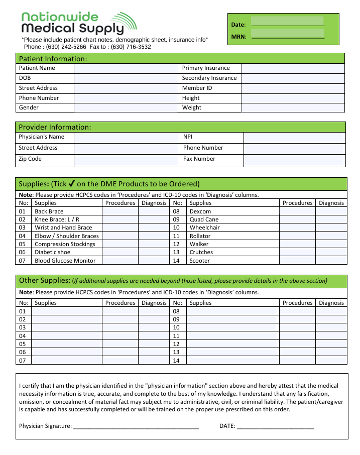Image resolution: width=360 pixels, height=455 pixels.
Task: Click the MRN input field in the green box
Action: tap(287, 34)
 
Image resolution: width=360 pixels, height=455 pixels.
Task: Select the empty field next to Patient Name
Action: tap(127, 68)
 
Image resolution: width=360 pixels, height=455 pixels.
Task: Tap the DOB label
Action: tap(25, 78)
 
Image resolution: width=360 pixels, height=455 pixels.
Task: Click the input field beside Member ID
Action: tap(293, 88)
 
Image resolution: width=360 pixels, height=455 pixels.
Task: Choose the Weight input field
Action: tap(293, 107)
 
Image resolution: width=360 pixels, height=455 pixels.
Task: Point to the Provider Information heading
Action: tap(55, 127)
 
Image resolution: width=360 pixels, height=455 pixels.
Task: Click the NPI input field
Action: tap(294, 137)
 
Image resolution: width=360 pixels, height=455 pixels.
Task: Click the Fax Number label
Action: tap(199, 159)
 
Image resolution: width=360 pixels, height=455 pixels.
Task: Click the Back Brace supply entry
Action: tap(49, 211)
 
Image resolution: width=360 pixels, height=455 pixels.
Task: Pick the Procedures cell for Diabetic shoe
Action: tap(120, 252)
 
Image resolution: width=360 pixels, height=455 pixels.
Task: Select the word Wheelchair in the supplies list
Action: tap(204, 227)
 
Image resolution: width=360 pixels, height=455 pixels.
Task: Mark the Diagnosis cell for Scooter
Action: tap(331, 261)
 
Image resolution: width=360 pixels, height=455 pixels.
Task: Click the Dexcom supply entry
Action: tap(200, 211)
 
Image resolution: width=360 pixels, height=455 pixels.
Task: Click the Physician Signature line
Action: tap(136, 426)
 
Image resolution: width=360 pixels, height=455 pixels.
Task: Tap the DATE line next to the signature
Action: tap(275, 426)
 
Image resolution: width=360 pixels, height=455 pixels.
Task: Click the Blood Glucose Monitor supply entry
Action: tap(65, 261)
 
